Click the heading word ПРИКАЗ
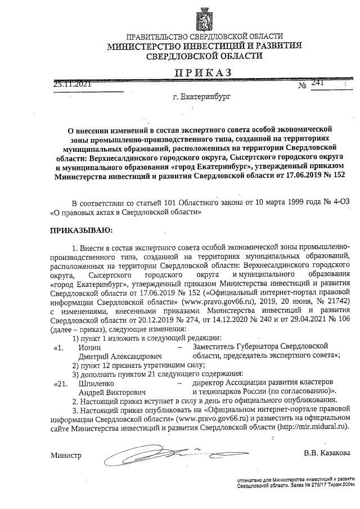pos(203,73)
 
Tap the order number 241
pos(318,83)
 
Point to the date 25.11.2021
pos(72,84)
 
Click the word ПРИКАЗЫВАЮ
pos(82,230)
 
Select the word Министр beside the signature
pos(66,455)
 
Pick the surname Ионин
pos(89,348)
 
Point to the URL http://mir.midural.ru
pos(311,427)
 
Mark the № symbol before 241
pos(301,86)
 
